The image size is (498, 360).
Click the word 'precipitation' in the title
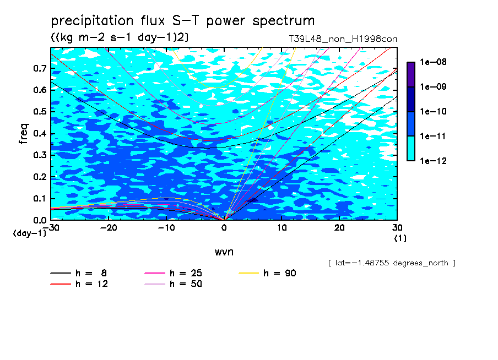tap(92, 20)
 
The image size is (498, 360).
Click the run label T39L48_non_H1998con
tap(343, 39)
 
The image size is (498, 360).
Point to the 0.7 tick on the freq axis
tap(40, 68)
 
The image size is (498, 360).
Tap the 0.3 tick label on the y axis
tap(40, 155)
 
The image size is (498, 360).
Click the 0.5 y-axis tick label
tap(40, 112)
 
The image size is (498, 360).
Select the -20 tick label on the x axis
tap(109, 228)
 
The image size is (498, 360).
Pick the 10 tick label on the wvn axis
tap(282, 228)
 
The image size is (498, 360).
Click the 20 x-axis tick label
tap(339, 228)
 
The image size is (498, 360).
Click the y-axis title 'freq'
tap(24, 134)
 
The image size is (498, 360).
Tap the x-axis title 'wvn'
tap(224, 252)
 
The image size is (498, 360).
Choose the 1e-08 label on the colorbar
tap(433, 62)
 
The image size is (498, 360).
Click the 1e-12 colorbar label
tap(433, 161)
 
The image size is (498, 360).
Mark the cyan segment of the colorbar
tap(411, 149)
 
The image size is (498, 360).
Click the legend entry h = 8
tap(78, 273)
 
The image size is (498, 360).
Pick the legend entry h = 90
tap(267, 273)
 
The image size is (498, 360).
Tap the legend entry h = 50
tap(173, 283)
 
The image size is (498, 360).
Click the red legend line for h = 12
tap(61, 284)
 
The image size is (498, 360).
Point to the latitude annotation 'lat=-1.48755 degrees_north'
tap(392, 263)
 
